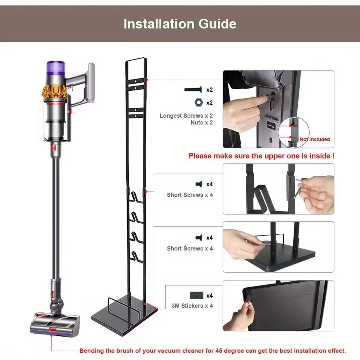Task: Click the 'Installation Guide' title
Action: (x=180, y=24)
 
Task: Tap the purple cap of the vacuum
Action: (x=56, y=68)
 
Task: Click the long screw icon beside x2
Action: (x=193, y=90)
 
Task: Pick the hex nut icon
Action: (x=198, y=102)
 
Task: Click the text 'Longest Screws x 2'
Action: (x=186, y=116)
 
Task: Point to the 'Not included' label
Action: (x=315, y=139)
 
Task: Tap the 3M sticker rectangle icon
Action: (x=196, y=295)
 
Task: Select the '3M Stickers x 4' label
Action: (x=192, y=306)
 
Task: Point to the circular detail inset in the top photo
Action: (x=294, y=132)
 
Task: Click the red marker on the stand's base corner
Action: (x=156, y=308)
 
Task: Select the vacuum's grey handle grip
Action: (x=91, y=82)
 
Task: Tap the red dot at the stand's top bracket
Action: (x=147, y=79)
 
